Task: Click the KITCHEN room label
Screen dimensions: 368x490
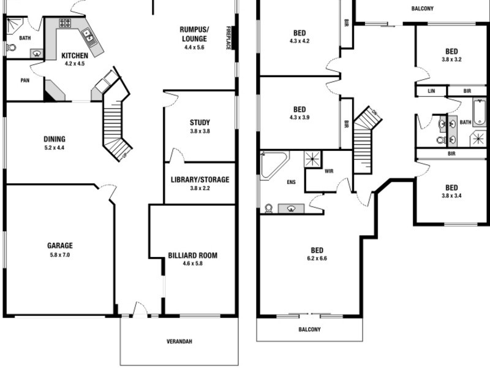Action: pyautogui.click(x=75, y=56)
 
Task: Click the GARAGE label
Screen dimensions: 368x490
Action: pyautogui.click(x=59, y=246)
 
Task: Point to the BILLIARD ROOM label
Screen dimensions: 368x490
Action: pyautogui.click(x=192, y=255)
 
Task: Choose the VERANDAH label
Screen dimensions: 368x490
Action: pyautogui.click(x=179, y=342)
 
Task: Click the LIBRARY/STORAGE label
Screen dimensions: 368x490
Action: pyautogui.click(x=200, y=180)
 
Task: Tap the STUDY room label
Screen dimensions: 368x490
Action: pyautogui.click(x=200, y=122)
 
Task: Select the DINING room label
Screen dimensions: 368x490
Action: pyautogui.click(x=54, y=139)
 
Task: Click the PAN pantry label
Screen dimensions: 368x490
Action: pyautogui.click(x=25, y=80)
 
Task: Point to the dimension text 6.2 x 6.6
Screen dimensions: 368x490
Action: pyautogui.click(x=317, y=258)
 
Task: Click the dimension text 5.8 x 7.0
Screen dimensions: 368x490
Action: pyautogui.click(x=59, y=255)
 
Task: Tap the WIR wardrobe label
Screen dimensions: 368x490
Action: pyautogui.click(x=328, y=171)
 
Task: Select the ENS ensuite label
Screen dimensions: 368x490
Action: pyautogui.click(x=291, y=182)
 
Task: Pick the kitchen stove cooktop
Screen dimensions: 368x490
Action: pyautogui.click(x=65, y=23)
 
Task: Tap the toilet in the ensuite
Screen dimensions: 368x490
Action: pyautogui.click(x=268, y=209)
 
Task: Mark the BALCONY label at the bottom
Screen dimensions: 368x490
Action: pyautogui.click(x=309, y=329)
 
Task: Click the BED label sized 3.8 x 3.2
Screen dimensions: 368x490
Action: pyautogui.click(x=451, y=52)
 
